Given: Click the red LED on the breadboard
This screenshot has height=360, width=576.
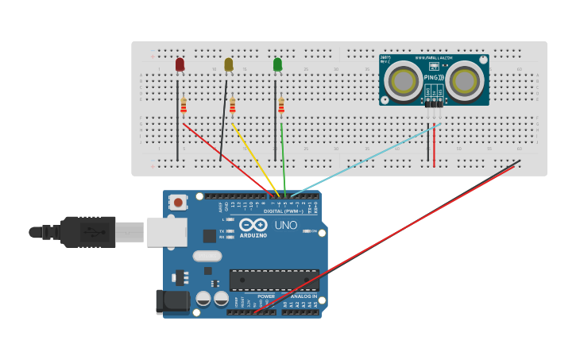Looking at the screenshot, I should click(x=180, y=64).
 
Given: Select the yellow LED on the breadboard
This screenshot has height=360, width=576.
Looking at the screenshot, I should click(x=229, y=64).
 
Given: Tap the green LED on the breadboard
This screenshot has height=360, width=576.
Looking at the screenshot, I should click(x=277, y=64).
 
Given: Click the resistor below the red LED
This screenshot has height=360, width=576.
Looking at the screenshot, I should click(x=184, y=105).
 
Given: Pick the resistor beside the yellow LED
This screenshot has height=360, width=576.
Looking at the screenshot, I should click(x=233, y=106).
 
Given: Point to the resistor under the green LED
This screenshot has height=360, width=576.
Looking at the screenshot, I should click(x=281, y=105).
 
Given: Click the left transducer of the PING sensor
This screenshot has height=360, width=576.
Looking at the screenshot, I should click(x=404, y=80).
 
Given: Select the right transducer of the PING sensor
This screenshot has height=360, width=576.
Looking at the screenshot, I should click(x=464, y=80).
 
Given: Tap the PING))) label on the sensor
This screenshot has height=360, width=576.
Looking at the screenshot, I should click(x=434, y=77).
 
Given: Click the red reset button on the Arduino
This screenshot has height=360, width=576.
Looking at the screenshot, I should click(x=178, y=203).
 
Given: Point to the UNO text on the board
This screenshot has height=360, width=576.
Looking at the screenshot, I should click(x=285, y=226).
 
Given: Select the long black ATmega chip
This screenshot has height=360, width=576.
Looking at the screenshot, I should click(x=274, y=280).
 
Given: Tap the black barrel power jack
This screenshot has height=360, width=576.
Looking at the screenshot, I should click(x=172, y=302).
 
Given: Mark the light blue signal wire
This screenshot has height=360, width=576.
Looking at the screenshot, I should click(x=365, y=160).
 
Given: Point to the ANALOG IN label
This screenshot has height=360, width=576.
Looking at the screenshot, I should click(x=303, y=296).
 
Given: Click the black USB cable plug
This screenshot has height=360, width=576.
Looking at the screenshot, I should click(x=87, y=232).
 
